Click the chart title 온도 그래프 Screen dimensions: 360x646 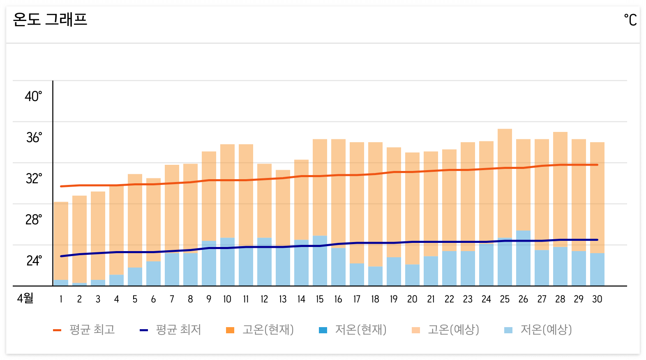pyautogui.click(x=50, y=19)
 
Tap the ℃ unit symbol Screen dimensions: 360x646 pyautogui.click(x=630, y=20)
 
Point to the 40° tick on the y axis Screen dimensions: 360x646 pyautogui.click(x=33, y=97)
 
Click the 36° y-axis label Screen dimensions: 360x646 pyautogui.click(x=34, y=138)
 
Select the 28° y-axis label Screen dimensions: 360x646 pyautogui.click(x=33, y=220)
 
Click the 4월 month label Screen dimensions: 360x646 pyautogui.click(x=25, y=298)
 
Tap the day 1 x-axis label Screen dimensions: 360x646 pyautogui.click(x=61, y=299)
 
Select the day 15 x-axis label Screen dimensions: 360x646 pyautogui.click(x=320, y=299)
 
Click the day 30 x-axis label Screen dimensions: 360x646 pyautogui.click(x=597, y=299)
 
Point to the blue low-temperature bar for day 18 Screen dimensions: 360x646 pyautogui.click(x=375, y=276)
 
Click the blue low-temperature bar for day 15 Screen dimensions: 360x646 pyautogui.click(x=320, y=261)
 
